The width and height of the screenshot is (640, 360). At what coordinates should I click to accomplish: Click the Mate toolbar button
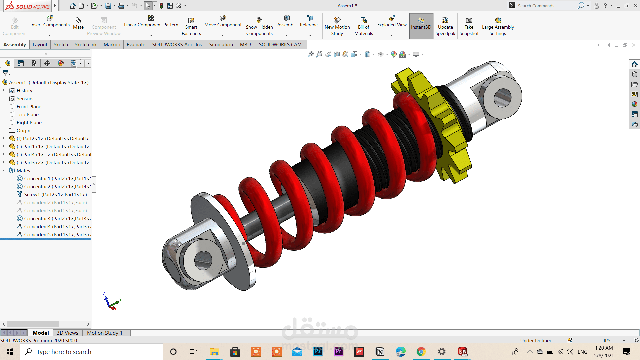(x=78, y=23)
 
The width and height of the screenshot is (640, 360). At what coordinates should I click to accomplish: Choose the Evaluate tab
(x=136, y=44)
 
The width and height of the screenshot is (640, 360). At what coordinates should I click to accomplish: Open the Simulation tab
(x=221, y=44)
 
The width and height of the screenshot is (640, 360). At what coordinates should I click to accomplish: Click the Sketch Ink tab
(x=85, y=44)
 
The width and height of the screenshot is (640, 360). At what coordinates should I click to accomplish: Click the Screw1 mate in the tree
(x=55, y=194)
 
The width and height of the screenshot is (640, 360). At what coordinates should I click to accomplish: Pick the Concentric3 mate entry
(x=57, y=218)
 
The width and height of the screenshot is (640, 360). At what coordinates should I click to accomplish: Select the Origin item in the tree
(x=23, y=130)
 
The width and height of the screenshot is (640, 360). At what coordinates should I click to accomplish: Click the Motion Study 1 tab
(x=105, y=333)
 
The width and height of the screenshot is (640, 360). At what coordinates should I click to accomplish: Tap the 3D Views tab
(x=67, y=333)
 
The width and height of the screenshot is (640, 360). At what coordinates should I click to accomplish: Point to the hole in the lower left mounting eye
(x=203, y=260)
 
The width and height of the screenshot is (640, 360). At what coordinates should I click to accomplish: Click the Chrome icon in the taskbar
(x=421, y=352)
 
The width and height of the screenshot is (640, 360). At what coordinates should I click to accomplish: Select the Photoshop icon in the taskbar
(x=318, y=352)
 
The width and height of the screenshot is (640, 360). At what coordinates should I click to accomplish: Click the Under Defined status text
(x=536, y=340)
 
